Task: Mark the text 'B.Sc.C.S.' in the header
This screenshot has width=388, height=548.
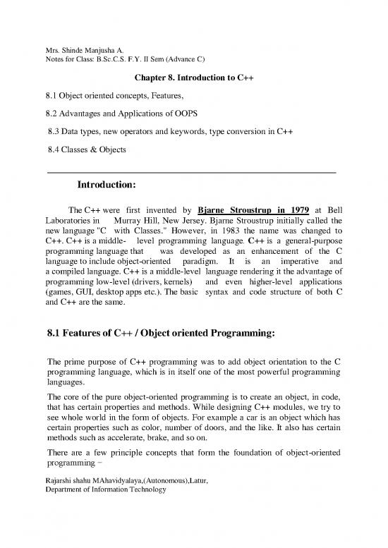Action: coord(128,60)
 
